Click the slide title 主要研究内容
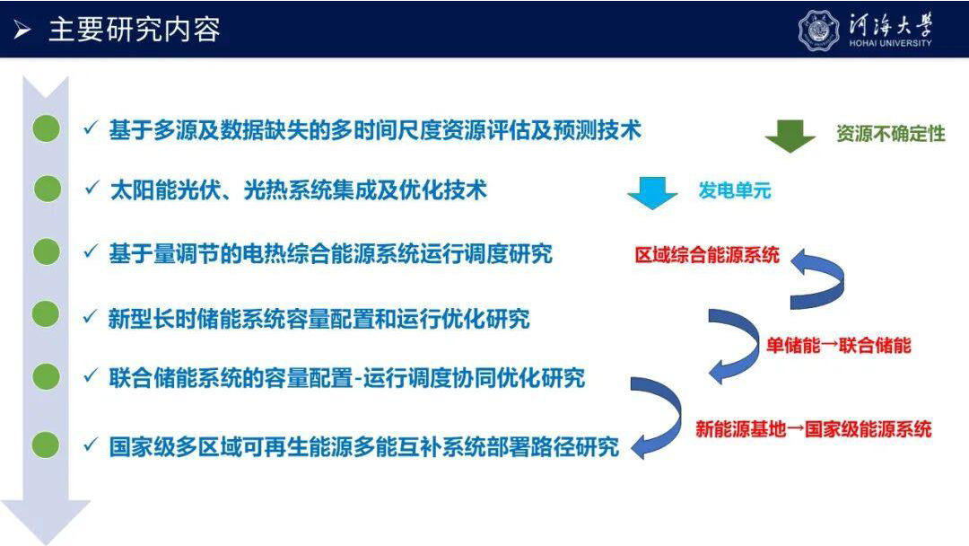[134, 30]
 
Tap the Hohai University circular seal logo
[819, 30]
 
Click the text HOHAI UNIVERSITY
[890, 43]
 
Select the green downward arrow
[790, 136]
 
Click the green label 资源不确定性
[891, 134]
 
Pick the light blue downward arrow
[652, 193]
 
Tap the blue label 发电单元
[735, 190]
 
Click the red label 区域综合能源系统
[707, 255]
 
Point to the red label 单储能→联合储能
[839, 345]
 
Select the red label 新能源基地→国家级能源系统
[813, 428]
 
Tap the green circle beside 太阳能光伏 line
[47, 189]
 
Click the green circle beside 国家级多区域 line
[46, 445]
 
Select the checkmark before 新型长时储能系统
[91, 317]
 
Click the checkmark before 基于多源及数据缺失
[91, 128]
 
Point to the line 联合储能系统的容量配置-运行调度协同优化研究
[346, 378]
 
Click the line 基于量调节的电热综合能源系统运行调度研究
[330, 253]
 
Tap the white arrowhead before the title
[22, 29]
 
